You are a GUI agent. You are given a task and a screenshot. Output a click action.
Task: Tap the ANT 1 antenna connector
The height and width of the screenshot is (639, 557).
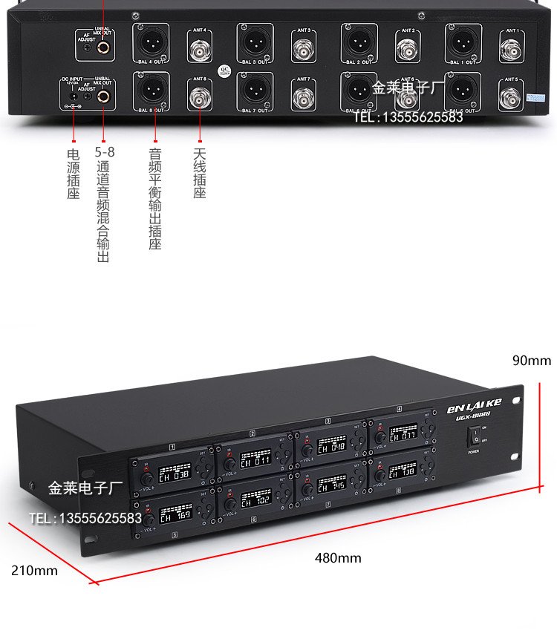510,51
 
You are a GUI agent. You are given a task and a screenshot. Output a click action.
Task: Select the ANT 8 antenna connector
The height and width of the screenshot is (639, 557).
199,98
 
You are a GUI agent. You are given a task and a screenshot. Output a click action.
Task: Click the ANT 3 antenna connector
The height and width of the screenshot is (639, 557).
303,50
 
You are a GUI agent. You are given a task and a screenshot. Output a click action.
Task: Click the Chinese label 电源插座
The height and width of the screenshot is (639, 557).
73,174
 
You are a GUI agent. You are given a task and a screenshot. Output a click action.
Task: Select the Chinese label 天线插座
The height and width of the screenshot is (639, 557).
199,174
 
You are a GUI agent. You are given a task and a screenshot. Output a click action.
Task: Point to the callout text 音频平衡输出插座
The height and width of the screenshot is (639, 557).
154,199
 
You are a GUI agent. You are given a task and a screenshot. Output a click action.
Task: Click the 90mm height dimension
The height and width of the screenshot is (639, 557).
532,361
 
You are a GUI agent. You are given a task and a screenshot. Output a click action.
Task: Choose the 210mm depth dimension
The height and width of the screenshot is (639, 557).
34,571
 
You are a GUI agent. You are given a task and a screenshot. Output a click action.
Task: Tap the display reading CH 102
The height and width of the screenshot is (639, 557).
255,500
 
